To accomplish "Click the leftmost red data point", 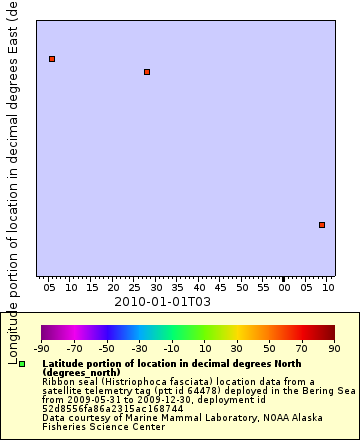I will (52, 59).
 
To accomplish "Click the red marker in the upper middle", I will (147, 72).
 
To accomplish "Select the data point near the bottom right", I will (322, 225).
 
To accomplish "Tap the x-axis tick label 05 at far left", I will (50, 288).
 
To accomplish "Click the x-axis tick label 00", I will (284, 288).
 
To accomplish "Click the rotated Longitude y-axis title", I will (13, 180).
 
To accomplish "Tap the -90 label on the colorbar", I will (42, 348).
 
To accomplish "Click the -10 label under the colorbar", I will (172, 348).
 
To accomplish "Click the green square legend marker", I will (22, 364).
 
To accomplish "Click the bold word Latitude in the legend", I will (65, 364).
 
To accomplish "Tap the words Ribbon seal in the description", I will (68, 381).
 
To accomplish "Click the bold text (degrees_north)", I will (81, 372).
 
